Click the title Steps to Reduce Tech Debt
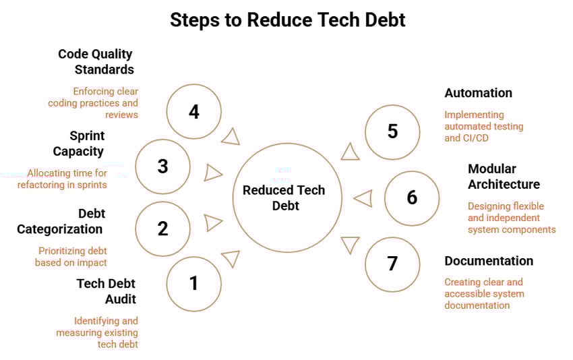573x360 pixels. point(287,20)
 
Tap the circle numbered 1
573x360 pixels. point(194,284)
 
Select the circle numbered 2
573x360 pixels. point(162,229)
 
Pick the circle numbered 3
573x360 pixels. point(162,167)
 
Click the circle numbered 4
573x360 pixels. point(194,111)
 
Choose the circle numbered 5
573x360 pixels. point(392,131)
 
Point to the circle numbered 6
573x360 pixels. point(412,198)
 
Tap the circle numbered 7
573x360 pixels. point(392,264)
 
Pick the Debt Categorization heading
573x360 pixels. point(61,221)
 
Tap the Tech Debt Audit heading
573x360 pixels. point(107,291)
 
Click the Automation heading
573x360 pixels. point(478,93)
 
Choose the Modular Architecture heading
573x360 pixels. point(504,176)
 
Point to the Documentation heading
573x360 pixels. point(488,261)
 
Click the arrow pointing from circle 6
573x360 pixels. point(363,198)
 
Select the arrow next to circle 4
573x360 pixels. point(231,137)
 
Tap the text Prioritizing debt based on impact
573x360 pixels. point(71,256)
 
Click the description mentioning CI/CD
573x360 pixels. point(483,126)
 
